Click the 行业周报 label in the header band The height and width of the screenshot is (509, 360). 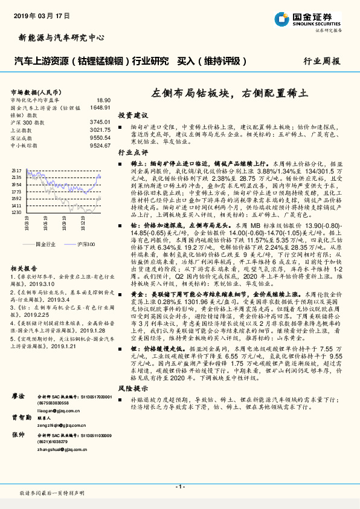[x=321, y=61]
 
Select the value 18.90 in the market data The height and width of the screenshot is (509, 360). [x=103, y=100]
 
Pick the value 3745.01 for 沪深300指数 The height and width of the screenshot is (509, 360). [x=100, y=122]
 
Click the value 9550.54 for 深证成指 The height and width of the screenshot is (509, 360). [x=100, y=137]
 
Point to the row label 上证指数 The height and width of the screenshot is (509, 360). [x=22, y=129]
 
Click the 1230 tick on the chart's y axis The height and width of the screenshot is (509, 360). [x=17, y=212]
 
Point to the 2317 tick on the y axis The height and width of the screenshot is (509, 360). [x=17, y=171]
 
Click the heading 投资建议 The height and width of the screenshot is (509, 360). [x=133, y=114]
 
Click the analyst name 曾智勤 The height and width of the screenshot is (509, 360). [x=19, y=400]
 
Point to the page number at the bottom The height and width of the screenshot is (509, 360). [x=179, y=487]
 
